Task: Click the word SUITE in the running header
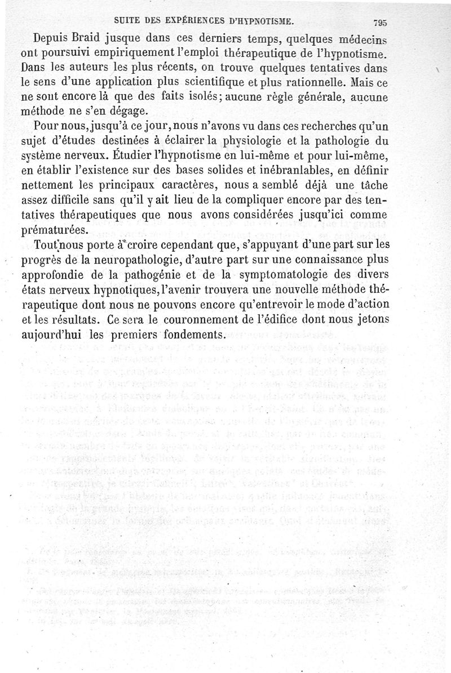tap(127, 21)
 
